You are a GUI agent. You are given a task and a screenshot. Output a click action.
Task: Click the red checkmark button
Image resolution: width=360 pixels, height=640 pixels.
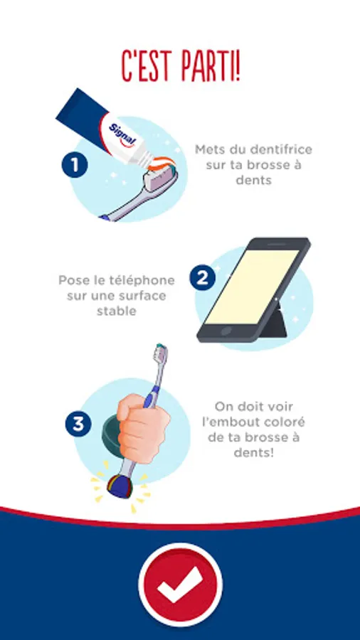coord(181,585)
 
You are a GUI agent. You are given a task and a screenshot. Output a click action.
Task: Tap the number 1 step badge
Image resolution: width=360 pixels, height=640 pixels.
coord(75,165)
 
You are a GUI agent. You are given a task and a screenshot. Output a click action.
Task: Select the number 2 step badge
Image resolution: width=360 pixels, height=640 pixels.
coord(203,278)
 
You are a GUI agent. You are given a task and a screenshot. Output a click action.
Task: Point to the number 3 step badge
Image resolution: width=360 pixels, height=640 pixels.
coord(78,425)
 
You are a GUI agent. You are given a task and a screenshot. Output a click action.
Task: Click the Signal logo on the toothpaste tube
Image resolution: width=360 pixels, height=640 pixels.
coord(123,134)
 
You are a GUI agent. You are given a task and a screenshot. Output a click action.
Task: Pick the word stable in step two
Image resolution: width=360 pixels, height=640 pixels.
coord(117,311)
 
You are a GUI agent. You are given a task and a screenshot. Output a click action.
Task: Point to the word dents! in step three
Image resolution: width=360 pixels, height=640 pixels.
coord(253,453)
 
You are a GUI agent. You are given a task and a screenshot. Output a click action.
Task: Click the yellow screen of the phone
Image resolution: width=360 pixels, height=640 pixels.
coord(252,287)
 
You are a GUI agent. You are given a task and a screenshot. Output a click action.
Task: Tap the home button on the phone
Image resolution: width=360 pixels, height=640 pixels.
coord(226,331)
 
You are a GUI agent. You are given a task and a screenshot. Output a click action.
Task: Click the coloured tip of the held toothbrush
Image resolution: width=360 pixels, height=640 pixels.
coord(120,487)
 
